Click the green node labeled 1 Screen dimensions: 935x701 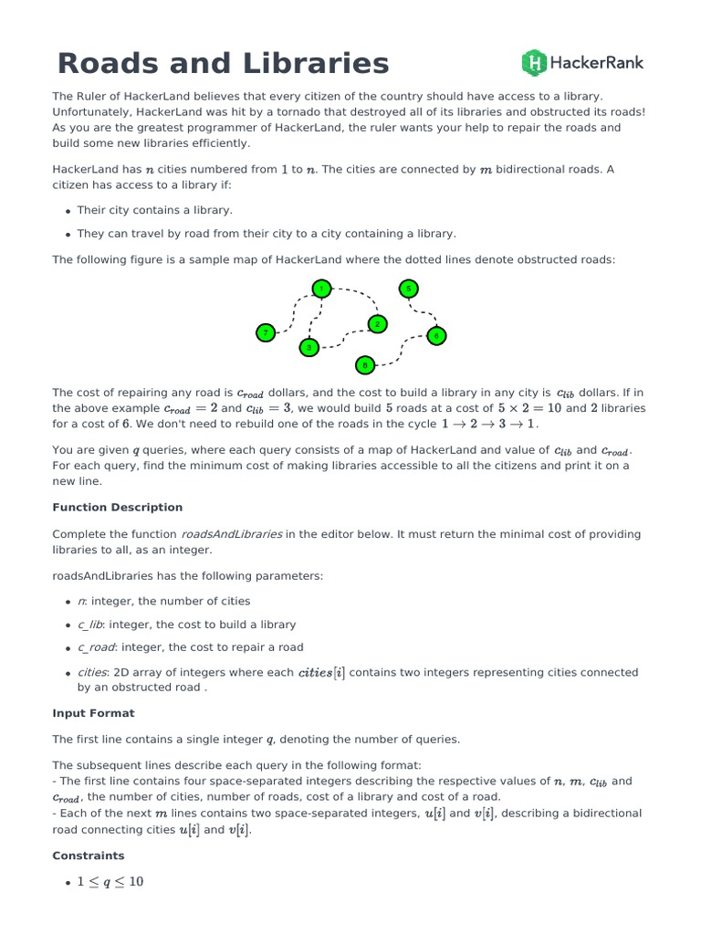(x=320, y=289)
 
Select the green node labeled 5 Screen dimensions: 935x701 (x=409, y=289)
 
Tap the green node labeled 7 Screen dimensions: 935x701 (x=266, y=333)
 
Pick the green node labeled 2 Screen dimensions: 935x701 (x=377, y=324)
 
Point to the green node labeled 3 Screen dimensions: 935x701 (x=309, y=347)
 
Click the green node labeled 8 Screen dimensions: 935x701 (x=365, y=365)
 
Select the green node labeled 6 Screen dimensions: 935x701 (x=436, y=336)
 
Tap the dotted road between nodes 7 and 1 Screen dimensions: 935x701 (x=292, y=310)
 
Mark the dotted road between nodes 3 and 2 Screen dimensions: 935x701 (x=344, y=340)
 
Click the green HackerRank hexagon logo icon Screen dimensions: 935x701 (x=534, y=62)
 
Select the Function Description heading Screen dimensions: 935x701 (x=117, y=507)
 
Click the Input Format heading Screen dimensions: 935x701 (x=93, y=712)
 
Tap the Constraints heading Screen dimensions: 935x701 (x=89, y=856)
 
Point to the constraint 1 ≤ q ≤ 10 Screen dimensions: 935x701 (x=110, y=882)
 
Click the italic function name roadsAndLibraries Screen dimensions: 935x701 (x=231, y=534)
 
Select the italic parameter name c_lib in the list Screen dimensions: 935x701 (x=89, y=625)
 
